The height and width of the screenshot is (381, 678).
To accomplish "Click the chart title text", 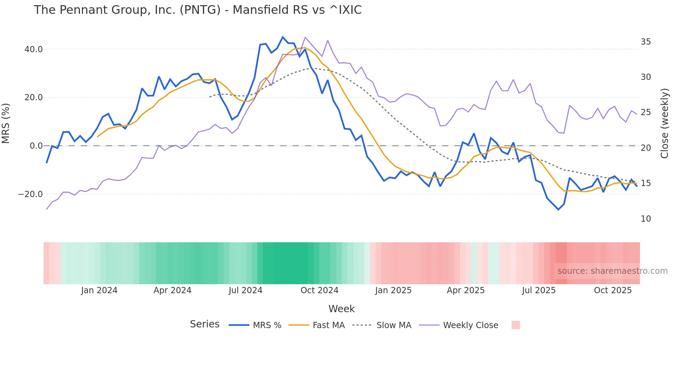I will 198,10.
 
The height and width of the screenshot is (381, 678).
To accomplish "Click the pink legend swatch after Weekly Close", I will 515,325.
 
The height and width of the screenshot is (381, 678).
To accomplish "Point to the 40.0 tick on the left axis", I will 34,49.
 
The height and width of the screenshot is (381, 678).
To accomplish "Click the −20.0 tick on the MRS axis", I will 30,194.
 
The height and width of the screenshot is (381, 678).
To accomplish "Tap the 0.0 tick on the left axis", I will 36,146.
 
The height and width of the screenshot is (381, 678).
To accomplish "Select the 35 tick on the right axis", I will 645,42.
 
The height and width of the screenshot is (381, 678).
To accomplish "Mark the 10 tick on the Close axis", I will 645,219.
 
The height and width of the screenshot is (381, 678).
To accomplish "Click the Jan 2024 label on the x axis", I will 99,290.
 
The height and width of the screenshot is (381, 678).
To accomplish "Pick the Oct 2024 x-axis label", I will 319,290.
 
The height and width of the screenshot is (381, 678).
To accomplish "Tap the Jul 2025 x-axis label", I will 539,290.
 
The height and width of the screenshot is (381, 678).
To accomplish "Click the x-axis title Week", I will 341,309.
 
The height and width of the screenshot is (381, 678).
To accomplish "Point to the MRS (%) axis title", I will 6,123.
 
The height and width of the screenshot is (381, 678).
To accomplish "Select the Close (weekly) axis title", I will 664,123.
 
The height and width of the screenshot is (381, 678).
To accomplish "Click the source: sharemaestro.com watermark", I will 612,271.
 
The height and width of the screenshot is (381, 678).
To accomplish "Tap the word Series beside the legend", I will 204,324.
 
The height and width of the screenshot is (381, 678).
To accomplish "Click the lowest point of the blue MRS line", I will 558,210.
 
